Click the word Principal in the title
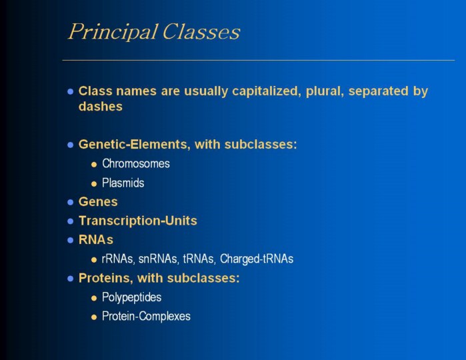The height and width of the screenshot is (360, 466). tap(113, 32)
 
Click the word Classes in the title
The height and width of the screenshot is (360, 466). tap(201, 31)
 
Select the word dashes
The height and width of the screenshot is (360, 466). tap(101, 107)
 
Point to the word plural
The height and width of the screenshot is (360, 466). tap(325, 91)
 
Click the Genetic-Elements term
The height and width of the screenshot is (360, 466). tap(132, 145)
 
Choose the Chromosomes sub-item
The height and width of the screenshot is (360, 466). tap(136, 164)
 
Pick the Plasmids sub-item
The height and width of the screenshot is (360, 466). tap(123, 183)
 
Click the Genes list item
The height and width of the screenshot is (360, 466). tap(98, 202)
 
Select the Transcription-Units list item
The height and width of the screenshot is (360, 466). tap(137, 221)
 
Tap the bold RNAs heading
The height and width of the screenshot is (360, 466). tap(96, 240)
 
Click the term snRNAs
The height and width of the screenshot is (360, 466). tap(157, 259)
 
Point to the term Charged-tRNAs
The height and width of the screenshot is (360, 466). tap(257, 259)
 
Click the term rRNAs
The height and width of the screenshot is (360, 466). tap(117, 259)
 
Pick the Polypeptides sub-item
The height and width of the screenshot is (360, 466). tap(131, 297)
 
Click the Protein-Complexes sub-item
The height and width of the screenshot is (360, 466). tap(146, 316)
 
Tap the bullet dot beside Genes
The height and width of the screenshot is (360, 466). tap(71, 203)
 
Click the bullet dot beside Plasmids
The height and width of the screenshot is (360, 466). tap(94, 184)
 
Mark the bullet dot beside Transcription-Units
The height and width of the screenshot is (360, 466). tap(71, 221)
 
